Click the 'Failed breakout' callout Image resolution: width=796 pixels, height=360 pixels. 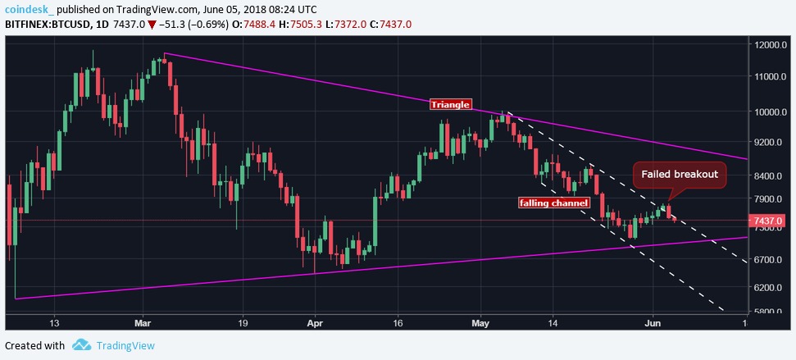(679, 174)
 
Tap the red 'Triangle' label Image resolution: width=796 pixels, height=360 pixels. (450, 104)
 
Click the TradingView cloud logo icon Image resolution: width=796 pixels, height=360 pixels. (80, 345)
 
